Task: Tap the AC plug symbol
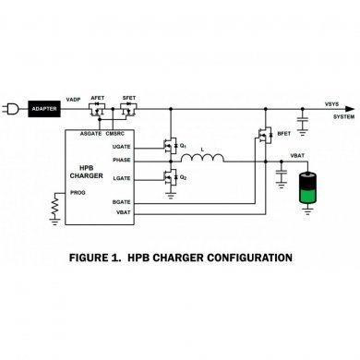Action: pyautogui.click(x=12, y=107)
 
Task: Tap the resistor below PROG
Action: pyautogui.click(x=54, y=211)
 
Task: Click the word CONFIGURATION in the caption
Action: pyautogui.click(x=241, y=258)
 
